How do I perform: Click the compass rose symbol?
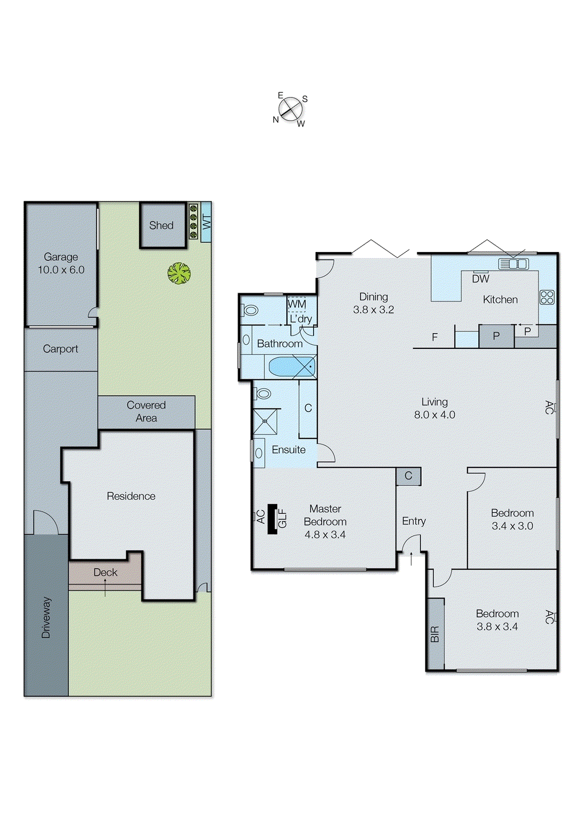point(290,109)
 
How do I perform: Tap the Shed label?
point(161,225)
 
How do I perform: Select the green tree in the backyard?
point(179,273)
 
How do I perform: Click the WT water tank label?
point(206,222)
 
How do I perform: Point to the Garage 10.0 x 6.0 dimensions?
point(61,270)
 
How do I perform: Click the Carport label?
point(61,349)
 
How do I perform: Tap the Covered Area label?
point(146,412)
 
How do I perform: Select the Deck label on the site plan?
point(105,572)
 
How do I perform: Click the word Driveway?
point(46,617)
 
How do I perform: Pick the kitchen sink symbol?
point(513,264)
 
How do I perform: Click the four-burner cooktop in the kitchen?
point(547,297)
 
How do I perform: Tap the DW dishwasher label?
point(481,279)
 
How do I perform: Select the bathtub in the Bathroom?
point(291,367)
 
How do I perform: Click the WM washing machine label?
point(297,304)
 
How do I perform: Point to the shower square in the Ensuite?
point(265,421)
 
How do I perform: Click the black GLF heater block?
point(273,519)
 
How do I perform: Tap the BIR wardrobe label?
point(435,634)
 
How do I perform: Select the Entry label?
point(414,521)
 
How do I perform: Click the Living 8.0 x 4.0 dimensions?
point(435,415)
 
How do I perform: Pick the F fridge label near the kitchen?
point(435,337)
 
